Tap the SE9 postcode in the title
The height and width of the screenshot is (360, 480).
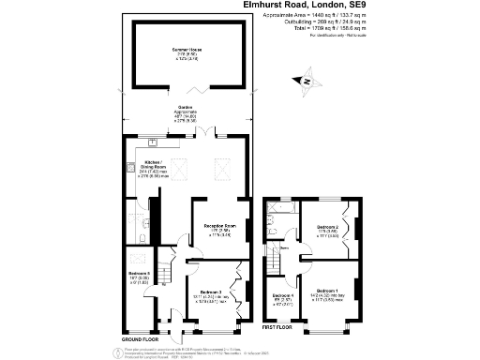click(x=359, y=5)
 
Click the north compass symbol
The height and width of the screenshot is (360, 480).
click(x=307, y=82)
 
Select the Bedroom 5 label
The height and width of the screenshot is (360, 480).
click(x=139, y=275)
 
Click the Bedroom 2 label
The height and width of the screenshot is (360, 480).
click(x=327, y=227)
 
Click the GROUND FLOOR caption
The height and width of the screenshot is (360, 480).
click(x=140, y=339)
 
